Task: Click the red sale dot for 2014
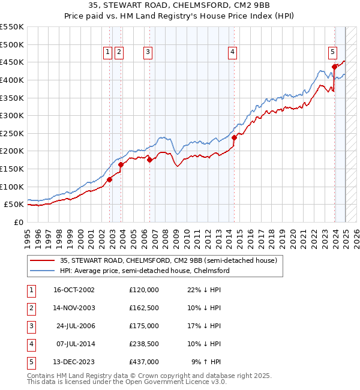pyautogui.click(x=235, y=137)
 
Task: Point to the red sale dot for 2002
pyautogui.click(x=110, y=179)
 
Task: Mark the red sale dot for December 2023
pyautogui.click(x=334, y=67)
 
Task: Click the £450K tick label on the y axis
pyautogui.click(x=11, y=62)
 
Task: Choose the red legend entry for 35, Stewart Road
pyautogui.click(x=168, y=261)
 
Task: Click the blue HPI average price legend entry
pyautogui.click(x=145, y=271)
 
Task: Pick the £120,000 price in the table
pyautogui.click(x=143, y=290)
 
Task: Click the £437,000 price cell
pyautogui.click(x=143, y=362)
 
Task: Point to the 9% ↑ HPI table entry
pyautogui.click(x=208, y=362)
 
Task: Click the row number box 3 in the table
pyautogui.click(x=31, y=326)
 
